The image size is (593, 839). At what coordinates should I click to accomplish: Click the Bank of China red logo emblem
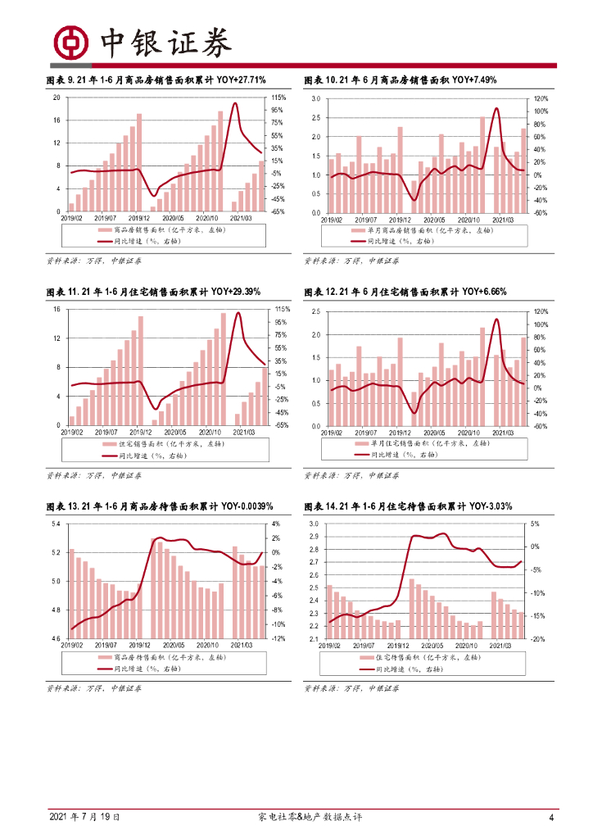click(70, 42)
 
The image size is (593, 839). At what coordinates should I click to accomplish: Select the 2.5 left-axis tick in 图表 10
click(316, 117)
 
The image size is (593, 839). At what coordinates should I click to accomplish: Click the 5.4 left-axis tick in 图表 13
click(57, 524)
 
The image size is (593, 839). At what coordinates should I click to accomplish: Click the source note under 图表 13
click(93, 688)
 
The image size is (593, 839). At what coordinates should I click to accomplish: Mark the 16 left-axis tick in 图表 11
click(57, 309)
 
